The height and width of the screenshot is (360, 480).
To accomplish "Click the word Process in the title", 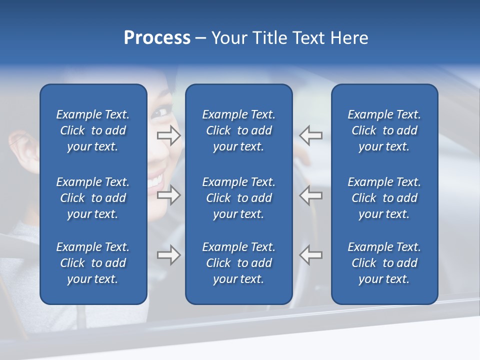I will pos(157,38).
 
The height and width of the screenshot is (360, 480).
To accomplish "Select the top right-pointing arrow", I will pos(168,135).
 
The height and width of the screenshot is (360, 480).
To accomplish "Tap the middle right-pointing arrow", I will pos(168,195).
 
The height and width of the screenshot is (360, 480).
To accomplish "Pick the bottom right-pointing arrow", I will pos(168,255).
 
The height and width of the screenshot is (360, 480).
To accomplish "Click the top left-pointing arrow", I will pos(311,135).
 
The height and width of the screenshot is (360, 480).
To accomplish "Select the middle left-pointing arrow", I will pos(311,195).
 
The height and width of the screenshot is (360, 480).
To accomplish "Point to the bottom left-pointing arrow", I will pos(311,255).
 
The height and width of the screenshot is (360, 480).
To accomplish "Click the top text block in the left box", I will pos(93,130).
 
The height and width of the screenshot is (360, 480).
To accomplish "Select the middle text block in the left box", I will pos(93,198).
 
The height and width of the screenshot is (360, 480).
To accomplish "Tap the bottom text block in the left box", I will pos(93,263).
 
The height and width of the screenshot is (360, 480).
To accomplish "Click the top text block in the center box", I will pos(238,130).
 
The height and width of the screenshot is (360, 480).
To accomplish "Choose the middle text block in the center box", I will pos(238,198).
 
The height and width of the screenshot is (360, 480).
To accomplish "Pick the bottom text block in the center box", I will pos(238,263).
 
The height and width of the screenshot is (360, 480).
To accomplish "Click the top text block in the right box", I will pos(384,130).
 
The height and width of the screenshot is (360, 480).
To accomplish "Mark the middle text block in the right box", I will pos(384,198).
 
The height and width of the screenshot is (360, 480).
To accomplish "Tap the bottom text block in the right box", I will pos(384,263).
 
